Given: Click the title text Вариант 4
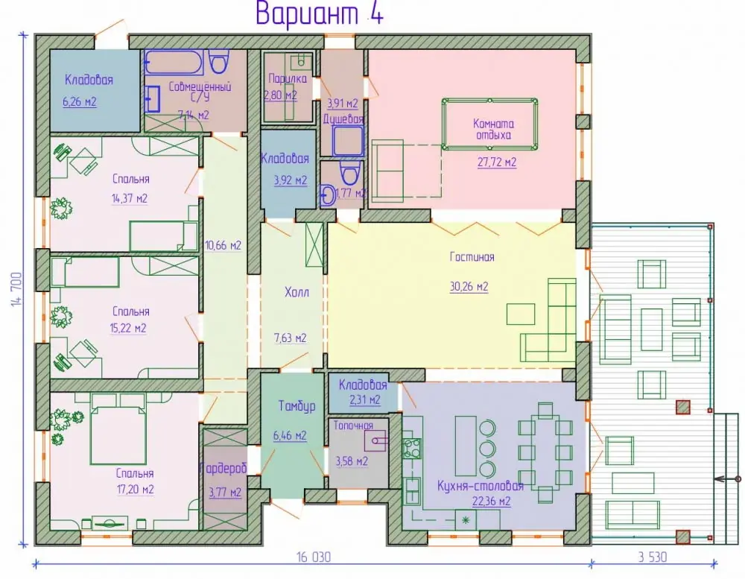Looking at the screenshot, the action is [x=320, y=14].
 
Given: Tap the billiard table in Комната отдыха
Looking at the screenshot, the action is [x=490, y=124].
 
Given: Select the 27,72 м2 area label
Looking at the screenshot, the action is [x=496, y=162].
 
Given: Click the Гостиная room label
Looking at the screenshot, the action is [x=472, y=257].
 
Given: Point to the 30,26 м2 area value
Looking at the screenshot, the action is [x=469, y=287].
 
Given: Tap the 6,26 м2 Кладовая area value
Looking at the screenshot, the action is [x=80, y=102].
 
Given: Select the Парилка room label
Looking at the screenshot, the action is [x=288, y=78].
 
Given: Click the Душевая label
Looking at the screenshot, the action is [x=343, y=118].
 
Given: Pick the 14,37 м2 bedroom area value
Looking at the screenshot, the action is [x=129, y=198].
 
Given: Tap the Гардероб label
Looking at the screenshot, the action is [x=223, y=469].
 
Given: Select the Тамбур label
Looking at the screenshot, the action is [x=297, y=406].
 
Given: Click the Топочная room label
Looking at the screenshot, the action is [x=353, y=425].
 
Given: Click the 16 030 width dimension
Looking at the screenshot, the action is [x=314, y=557].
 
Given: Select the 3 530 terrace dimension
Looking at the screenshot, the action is [x=653, y=557].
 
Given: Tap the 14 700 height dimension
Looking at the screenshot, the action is [x=16, y=289].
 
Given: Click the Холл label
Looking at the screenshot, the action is [x=297, y=292].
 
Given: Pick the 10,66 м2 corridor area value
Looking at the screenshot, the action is [x=223, y=246].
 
